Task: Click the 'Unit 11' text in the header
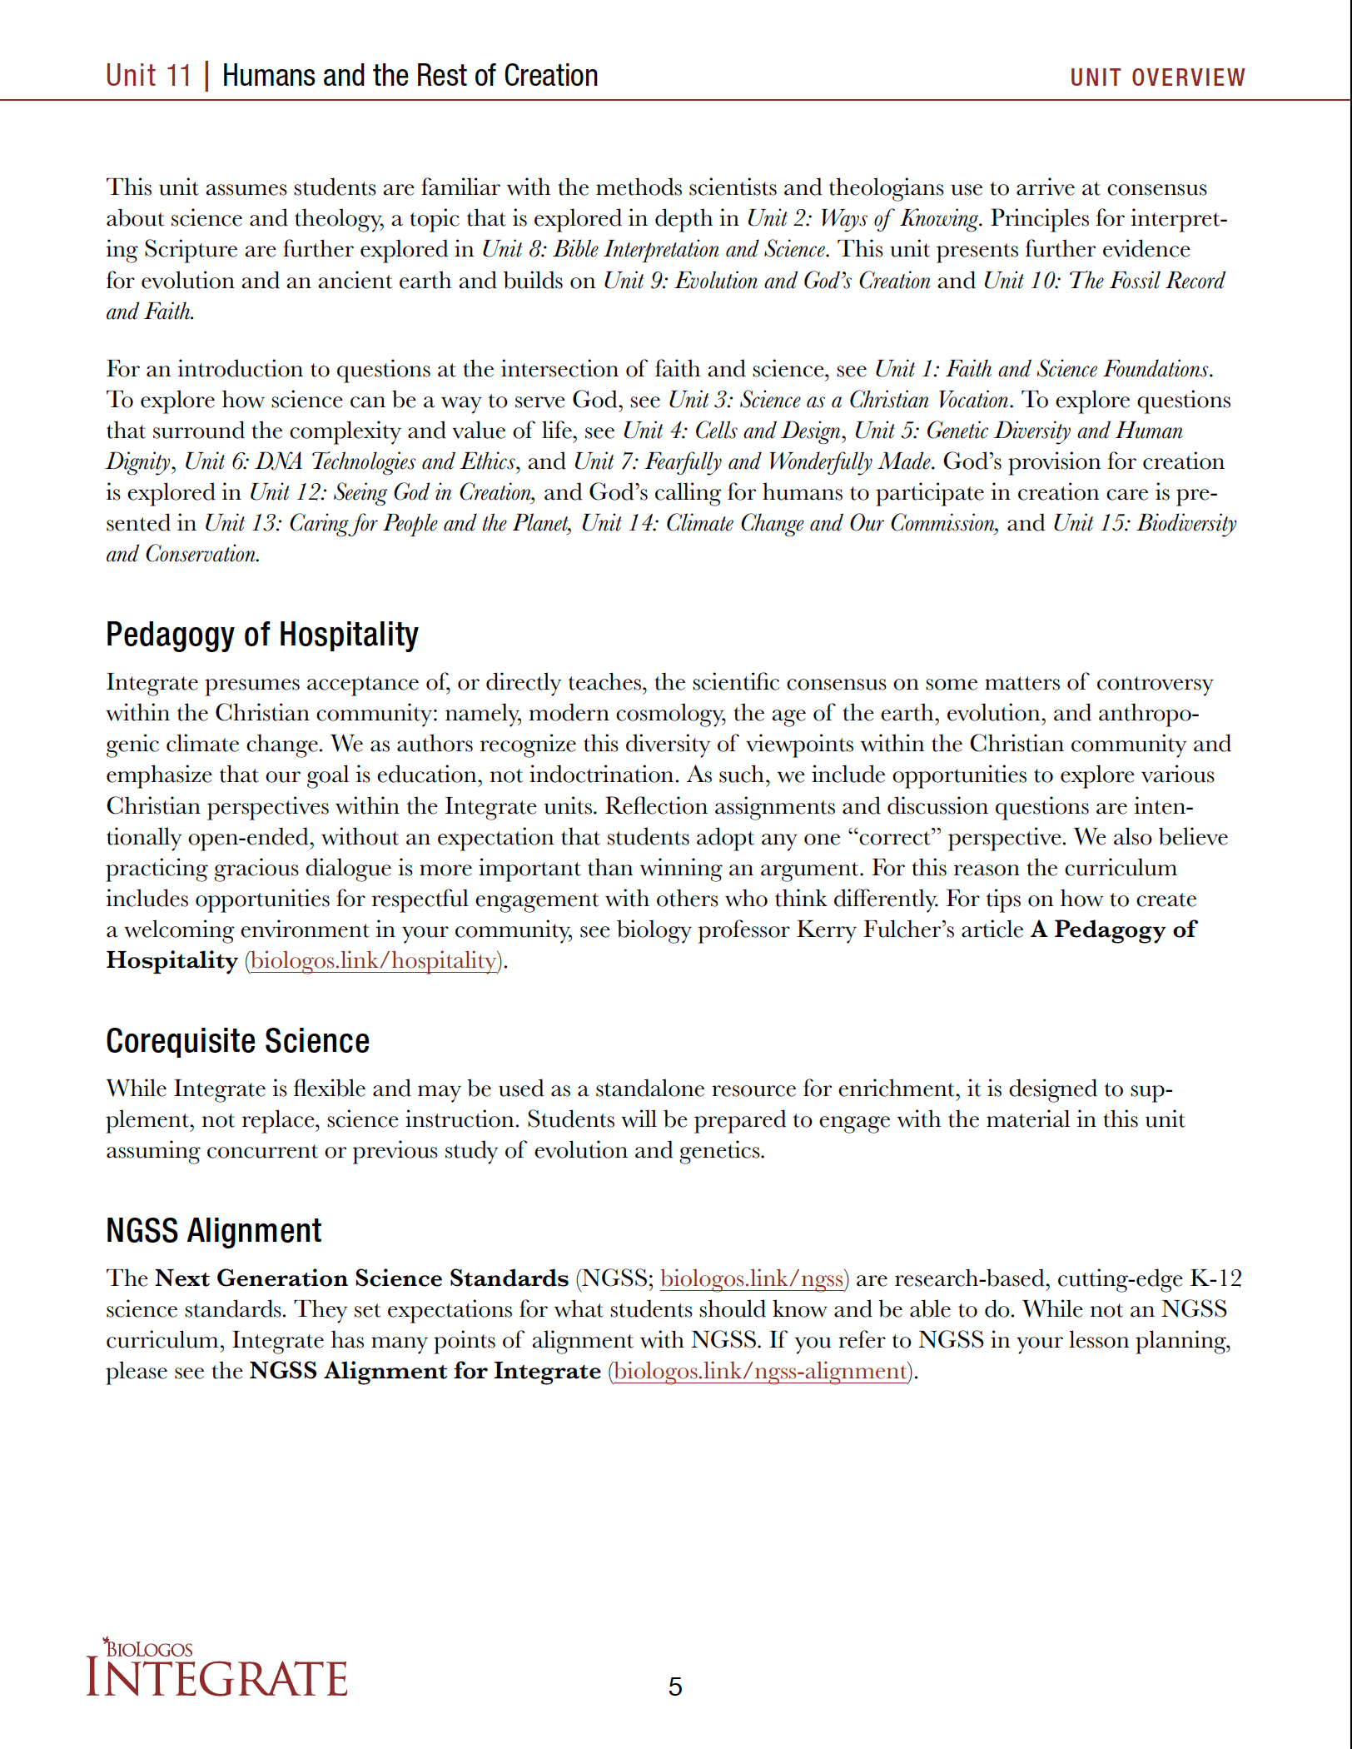point(148,76)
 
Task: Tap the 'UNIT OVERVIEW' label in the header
point(1157,77)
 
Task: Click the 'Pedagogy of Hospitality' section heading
point(261,635)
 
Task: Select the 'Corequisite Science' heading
point(237,1041)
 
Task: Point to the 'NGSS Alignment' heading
point(213,1231)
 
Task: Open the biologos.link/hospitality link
point(374,960)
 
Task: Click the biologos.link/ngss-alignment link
point(760,1371)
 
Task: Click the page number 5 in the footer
point(675,1687)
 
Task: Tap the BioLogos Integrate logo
point(216,1668)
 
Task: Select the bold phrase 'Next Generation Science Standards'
point(361,1278)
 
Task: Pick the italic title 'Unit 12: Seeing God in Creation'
point(391,492)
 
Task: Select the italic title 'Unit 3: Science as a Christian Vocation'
point(838,400)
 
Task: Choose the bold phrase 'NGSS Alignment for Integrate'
point(425,1371)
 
